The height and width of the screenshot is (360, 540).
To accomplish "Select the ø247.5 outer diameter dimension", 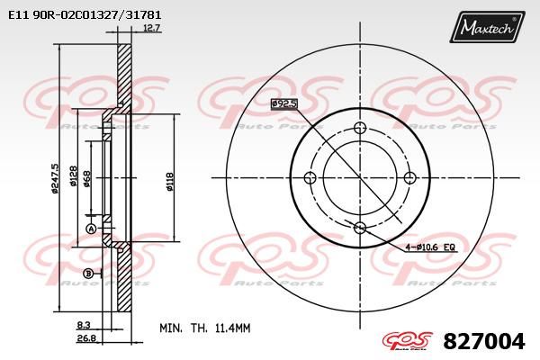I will pos(56,178).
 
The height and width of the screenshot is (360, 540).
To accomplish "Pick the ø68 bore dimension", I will pos(86,178).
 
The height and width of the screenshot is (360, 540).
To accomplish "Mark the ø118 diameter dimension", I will pos(169,178).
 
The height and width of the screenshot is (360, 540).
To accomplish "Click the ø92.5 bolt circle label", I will pos(283,104).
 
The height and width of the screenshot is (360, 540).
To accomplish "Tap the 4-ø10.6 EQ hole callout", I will pos(431,246).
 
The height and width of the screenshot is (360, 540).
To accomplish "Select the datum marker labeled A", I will pos(90,229).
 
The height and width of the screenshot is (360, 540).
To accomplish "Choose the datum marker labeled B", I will pos(87,273).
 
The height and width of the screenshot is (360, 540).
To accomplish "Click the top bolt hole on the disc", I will pos(360,126).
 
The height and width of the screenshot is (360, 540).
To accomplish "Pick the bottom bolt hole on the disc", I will pos(360,227).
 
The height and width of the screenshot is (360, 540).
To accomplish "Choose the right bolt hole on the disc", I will pos(410,176).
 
